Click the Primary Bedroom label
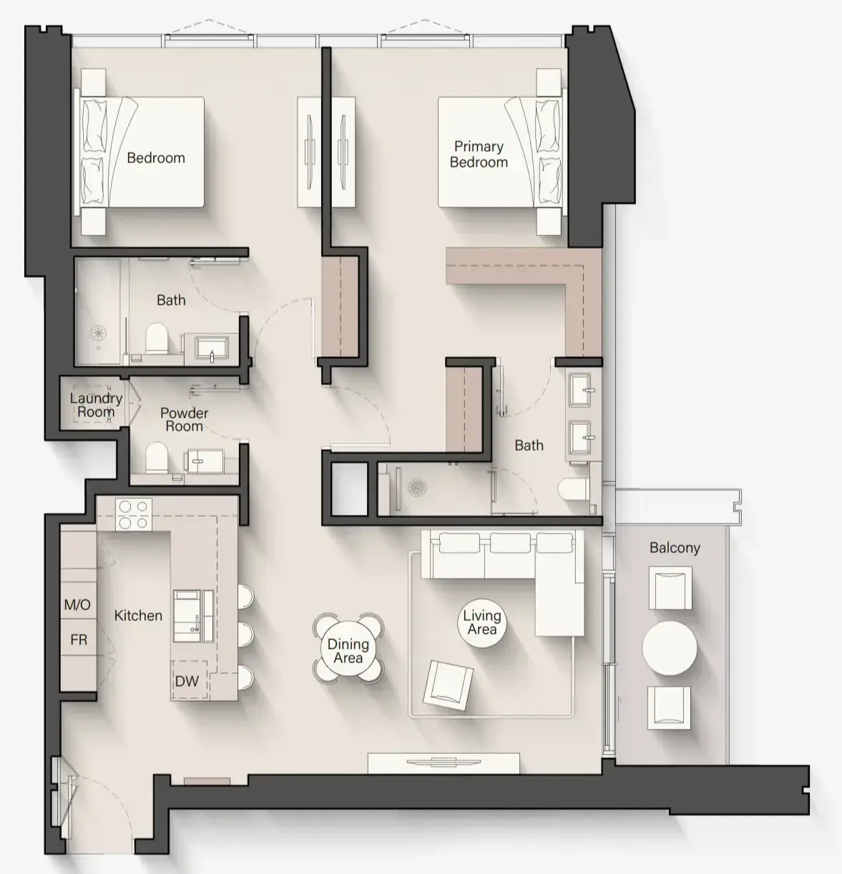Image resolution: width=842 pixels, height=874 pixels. (x=479, y=154)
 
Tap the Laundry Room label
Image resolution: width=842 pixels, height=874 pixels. (x=96, y=405)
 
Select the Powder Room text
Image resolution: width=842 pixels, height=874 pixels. (x=185, y=420)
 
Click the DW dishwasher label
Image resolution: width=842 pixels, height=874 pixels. (x=187, y=682)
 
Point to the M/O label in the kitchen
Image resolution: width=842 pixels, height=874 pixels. (x=77, y=605)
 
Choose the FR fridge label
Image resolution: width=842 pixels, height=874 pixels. (x=79, y=639)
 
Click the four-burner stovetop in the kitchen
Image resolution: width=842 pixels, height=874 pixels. (x=134, y=515)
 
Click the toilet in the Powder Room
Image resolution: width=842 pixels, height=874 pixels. (x=157, y=458)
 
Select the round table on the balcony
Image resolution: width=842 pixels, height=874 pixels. (x=670, y=648)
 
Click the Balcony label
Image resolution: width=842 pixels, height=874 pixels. (x=675, y=548)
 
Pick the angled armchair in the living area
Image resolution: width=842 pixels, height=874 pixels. (x=448, y=685)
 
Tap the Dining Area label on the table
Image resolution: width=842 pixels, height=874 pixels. (x=348, y=651)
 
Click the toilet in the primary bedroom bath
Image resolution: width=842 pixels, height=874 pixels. (x=573, y=489)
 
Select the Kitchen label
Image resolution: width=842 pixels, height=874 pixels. (x=138, y=615)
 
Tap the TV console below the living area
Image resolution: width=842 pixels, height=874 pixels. (x=444, y=763)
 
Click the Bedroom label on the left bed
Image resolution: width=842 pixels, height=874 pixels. (x=156, y=158)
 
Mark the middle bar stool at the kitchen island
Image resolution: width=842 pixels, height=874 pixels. (x=245, y=634)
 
